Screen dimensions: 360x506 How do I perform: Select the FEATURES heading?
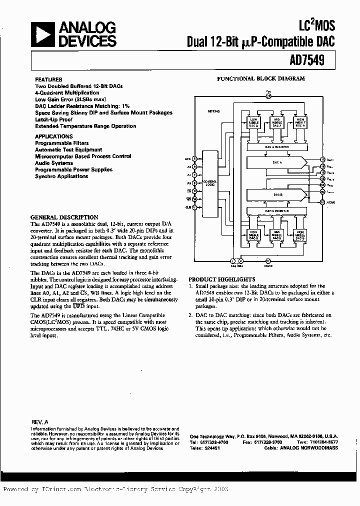click(x=48, y=79)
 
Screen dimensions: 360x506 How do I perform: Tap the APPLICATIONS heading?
click(x=53, y=136)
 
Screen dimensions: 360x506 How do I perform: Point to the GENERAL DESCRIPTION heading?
click(x=64, y=217)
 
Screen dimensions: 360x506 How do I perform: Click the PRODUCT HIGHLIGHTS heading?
click(x=221, y=279)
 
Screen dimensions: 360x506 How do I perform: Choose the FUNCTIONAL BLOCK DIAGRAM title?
click(x=260, y=78)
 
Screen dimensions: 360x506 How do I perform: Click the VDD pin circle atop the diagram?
click(x=268, y=96)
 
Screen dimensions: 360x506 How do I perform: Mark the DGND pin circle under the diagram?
click(x=267, y=260)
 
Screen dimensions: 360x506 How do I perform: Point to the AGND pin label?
click(x=330, y=202)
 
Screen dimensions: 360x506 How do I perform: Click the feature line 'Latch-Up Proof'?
click(x=53, y=119)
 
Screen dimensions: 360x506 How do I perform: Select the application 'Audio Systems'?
click(x=53, y=163)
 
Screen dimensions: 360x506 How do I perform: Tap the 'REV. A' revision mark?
click(x=39, y=422)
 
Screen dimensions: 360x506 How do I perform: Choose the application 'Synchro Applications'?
click(x=61, y=176)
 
